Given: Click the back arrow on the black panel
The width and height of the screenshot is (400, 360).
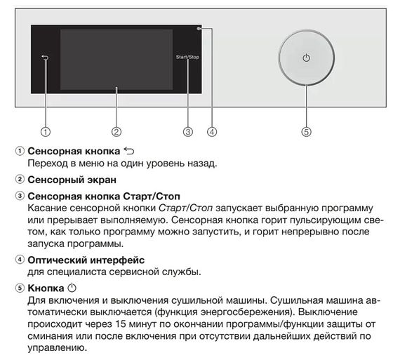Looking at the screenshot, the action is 46,59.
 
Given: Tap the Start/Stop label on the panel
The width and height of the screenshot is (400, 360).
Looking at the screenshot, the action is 187,57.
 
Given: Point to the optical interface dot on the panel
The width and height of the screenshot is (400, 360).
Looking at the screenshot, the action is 200,29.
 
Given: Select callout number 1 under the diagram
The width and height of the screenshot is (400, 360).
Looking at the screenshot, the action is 46,131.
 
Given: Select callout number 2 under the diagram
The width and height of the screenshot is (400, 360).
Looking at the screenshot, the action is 116,131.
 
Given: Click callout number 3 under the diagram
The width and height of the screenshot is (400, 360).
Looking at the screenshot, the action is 187,131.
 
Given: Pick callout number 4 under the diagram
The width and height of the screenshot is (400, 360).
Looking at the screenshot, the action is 212,131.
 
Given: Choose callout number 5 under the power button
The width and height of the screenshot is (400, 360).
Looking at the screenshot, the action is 306,131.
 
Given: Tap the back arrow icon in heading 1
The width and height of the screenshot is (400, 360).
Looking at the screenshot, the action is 127,150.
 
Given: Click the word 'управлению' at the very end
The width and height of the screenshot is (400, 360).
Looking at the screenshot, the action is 55,347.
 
